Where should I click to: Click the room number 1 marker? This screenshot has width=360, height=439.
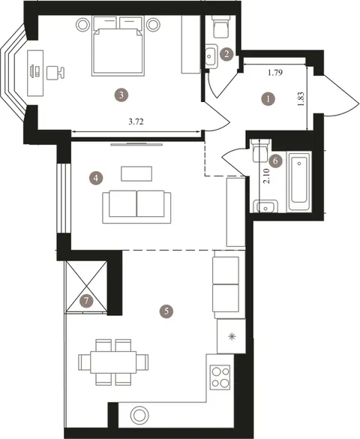[268, 99]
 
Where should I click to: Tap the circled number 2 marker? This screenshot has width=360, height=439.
[226, 54]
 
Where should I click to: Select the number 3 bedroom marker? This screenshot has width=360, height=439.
[121, 95]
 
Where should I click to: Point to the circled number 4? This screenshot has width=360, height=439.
[96, 178]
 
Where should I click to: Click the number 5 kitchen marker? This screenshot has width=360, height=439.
[166, 311]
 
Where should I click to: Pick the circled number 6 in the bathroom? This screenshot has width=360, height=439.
[275, 161]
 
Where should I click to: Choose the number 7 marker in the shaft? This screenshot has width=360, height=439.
[86, 301]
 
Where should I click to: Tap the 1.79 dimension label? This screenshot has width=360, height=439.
[275, 73]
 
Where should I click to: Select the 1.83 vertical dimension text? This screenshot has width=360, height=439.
[301, 99]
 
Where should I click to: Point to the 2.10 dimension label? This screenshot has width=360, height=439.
[266, 176]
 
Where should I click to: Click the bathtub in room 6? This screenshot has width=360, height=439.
[298, 181]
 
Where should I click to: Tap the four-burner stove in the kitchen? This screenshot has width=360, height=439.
[220, 377]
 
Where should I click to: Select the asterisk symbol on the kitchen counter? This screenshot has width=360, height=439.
[232, 337]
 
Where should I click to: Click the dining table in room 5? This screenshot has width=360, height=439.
[113, 362]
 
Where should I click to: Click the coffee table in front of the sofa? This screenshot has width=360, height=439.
[136, 174]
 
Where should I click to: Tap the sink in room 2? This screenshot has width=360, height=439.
[210, 56]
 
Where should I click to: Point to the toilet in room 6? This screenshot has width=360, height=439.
[261, 150]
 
